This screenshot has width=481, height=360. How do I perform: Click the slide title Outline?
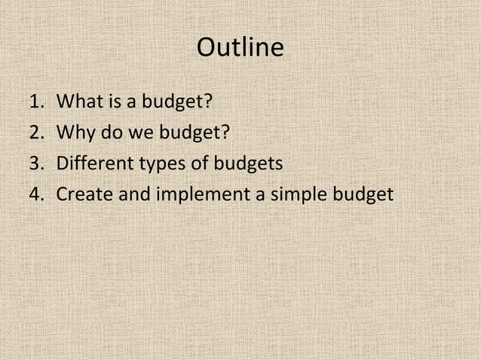coord(240,48)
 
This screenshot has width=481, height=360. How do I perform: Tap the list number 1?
coord(35,100)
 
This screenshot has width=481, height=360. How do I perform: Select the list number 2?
coord(36,132)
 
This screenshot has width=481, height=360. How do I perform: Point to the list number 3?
coord(36,163)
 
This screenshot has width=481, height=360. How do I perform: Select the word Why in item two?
coord(75,132)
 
